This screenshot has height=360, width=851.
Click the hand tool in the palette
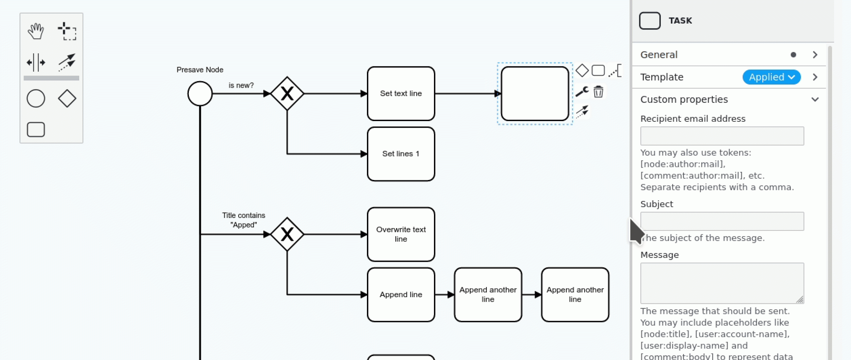tap(36, 31)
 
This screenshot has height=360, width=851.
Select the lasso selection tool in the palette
tap(67, 31)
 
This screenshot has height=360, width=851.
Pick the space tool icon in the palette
tap(36, 62)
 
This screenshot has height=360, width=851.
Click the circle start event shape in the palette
tap(36, 99)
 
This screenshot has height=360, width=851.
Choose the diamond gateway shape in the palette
tap(67, 99)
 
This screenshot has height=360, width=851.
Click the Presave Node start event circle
tap(200, 94)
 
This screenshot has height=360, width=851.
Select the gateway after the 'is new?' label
tap(287, 94)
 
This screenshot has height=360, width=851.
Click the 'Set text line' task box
tap(401, 94)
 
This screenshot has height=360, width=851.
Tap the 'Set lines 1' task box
tap(401, 154)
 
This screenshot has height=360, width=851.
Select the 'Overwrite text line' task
tap(401, 234)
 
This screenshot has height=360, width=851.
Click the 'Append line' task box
tap(401, 295)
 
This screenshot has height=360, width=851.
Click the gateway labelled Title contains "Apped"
tap(287, 234)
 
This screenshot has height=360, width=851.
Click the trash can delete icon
tap(598, 92)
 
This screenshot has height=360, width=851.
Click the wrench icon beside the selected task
tap(582, 92)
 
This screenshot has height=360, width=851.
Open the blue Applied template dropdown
tap(771, 77)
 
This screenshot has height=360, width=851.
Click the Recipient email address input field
tap(722, 136)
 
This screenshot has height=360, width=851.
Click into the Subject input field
tap(722, 221)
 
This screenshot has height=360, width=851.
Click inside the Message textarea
tap(722, 283)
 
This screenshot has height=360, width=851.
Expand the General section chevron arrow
tap(815, 55)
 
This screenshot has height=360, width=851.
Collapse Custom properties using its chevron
tap(815, 99)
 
